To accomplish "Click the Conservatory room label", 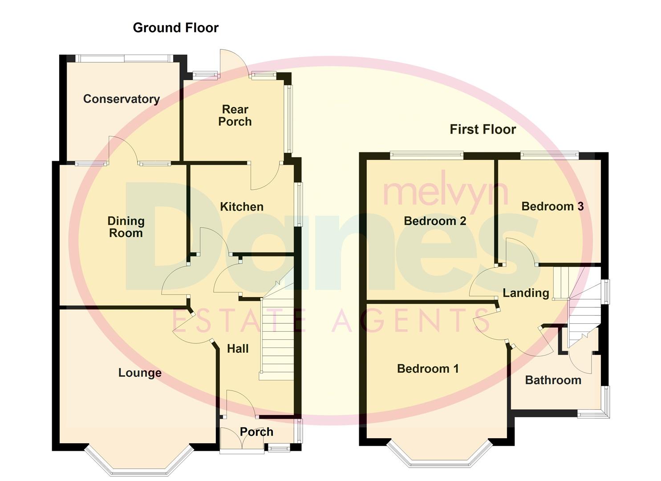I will pos(122,99).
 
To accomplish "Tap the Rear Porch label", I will pos(235,115).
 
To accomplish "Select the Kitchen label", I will pos(242,207).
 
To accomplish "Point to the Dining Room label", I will pos(126,227).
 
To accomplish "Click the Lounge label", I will pos(140,373).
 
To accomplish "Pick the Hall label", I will pos(238,349).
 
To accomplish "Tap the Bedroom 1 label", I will pos(428,369).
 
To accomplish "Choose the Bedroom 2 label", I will pos(435,221).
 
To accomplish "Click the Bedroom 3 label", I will pos(552,206).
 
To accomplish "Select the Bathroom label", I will pos(553,380).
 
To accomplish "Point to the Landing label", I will pos(526,293).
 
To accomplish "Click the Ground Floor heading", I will pos(176,28).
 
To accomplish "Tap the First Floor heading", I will pos(483,129).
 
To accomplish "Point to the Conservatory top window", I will pos(123,58).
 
